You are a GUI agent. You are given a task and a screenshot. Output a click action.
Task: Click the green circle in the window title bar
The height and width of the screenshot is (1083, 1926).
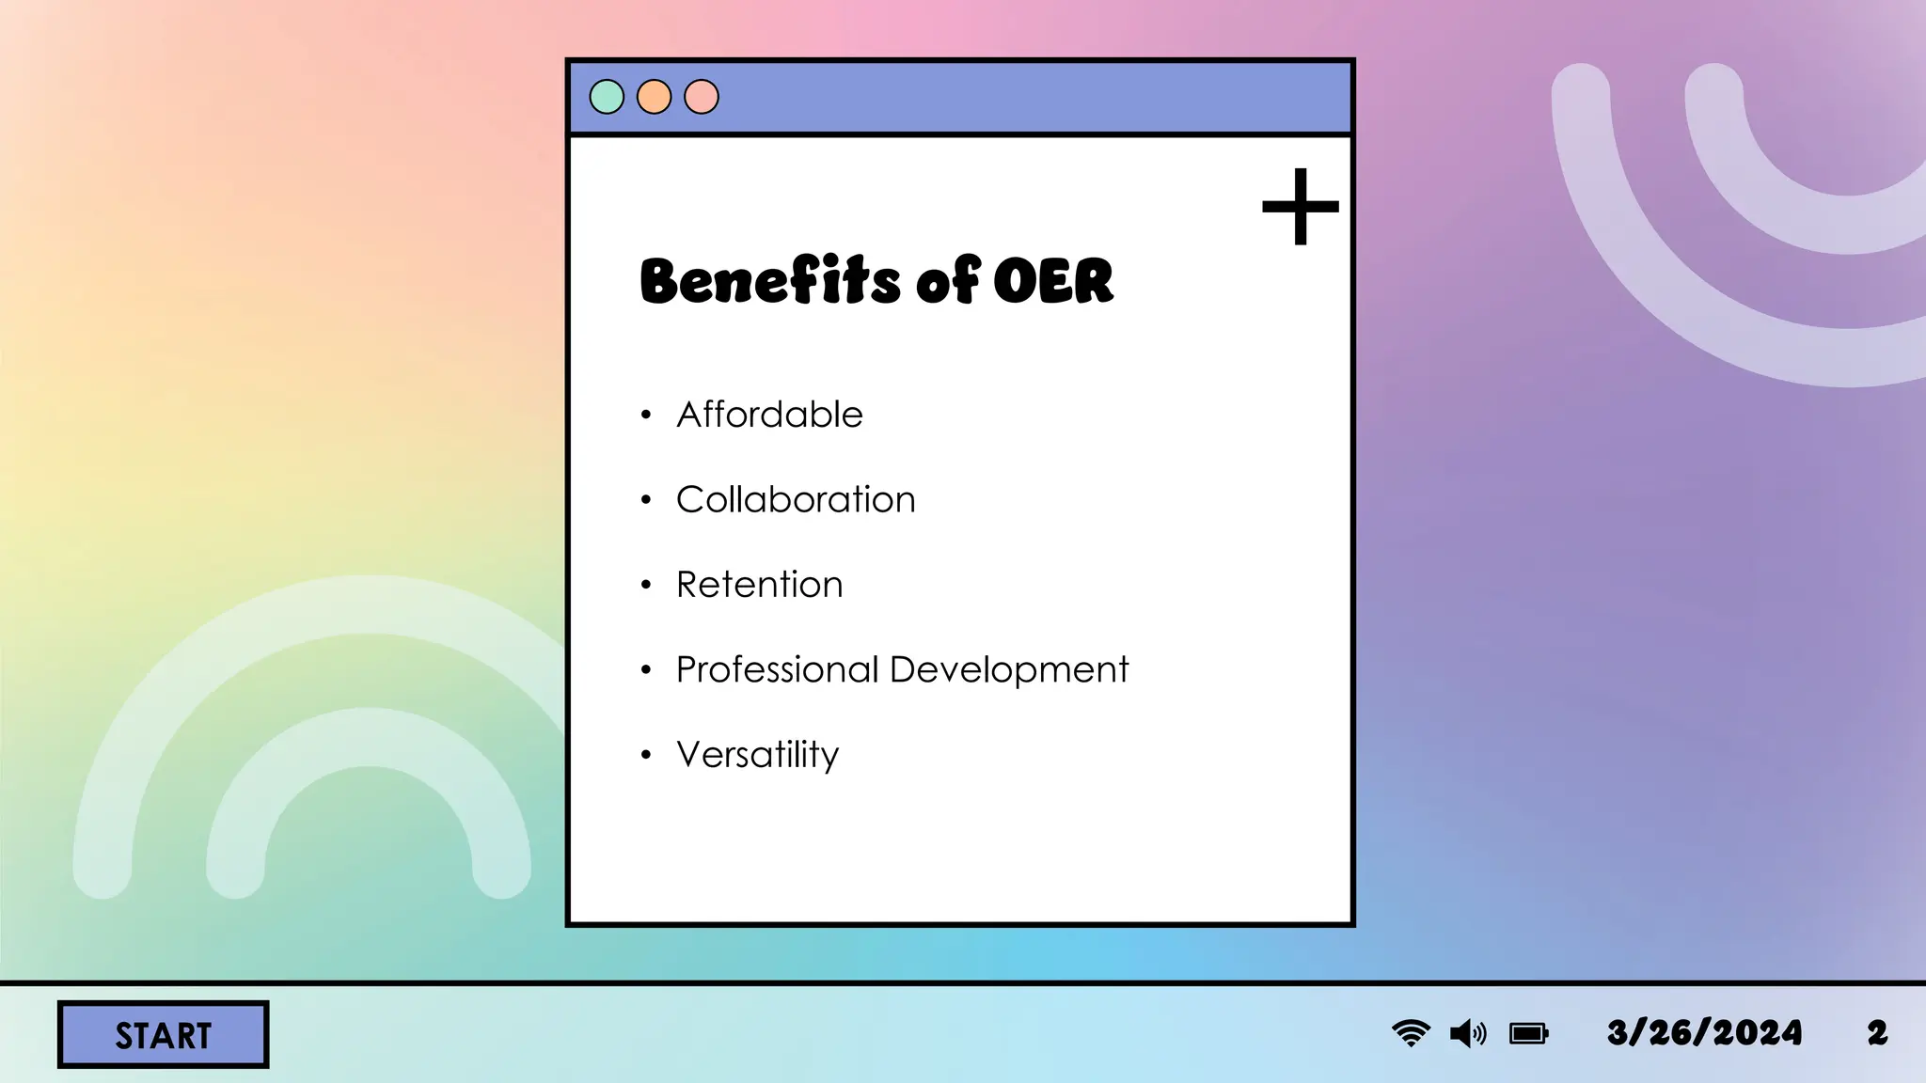click(607, 97)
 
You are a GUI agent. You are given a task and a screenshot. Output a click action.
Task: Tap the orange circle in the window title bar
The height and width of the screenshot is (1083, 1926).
click(654, 97)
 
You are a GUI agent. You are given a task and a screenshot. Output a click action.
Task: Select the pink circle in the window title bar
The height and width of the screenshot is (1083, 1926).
click(702, 97)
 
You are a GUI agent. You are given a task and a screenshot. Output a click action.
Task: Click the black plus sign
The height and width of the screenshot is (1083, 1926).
click(1300, 207)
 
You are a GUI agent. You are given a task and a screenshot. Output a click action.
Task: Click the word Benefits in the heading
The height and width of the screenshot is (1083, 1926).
click(770, 281)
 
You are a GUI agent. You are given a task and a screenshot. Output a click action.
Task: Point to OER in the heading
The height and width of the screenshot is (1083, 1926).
click(1052, 281)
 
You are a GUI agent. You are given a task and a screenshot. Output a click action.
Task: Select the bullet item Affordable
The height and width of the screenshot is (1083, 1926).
click(769, 415)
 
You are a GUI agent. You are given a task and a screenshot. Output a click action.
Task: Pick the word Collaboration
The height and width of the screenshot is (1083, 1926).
click(796, 499)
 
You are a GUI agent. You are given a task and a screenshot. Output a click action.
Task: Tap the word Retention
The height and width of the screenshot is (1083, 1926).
click(759, 585)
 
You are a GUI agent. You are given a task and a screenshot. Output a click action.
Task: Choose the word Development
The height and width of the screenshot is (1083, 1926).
click(1008, 670)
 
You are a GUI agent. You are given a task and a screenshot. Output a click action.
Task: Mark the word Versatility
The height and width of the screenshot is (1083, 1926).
click(757, 755)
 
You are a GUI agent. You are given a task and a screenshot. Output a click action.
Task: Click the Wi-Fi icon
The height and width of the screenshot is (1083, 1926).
click(1411, 1033)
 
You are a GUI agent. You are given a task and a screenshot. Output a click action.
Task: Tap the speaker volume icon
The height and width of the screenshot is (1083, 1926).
click(1468, 1034)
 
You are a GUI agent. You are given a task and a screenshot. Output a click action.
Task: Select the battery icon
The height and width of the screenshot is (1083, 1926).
click(1528, 1034)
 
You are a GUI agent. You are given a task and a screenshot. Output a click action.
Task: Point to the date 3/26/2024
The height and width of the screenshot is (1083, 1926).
click(1704, 1033)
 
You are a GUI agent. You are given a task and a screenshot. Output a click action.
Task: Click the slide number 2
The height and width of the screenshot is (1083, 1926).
click(1877, 1033)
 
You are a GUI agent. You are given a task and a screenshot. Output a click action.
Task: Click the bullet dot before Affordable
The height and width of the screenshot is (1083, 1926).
click(646, 415)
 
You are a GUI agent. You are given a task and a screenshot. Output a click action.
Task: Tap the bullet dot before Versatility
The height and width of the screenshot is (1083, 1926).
click(646, 755)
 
